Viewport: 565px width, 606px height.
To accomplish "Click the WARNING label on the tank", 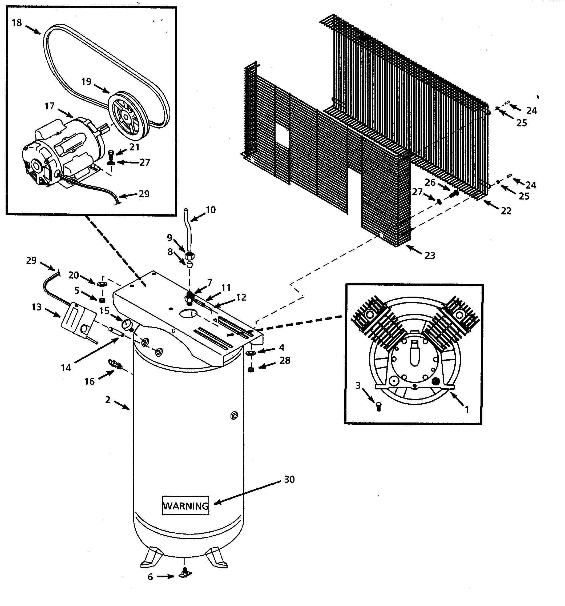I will pyautogui.click(x=185, y=506).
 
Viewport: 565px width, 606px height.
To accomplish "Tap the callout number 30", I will pyautogui.click(x=289, y=480).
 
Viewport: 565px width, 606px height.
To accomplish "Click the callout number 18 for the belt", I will pyautogui.click(x=17, y=23).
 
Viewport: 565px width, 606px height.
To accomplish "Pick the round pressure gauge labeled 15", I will pyautogui.click(x=126, y=324).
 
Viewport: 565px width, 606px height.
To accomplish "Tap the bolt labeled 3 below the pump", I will pyautogui.click(x=379, y=406).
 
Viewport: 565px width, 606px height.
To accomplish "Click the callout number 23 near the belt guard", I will pyautogui.click(x=430, y=256).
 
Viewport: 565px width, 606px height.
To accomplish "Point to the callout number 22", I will pyautogui.click(x=506, y=211).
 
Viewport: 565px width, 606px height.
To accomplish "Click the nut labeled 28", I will pyautogui.click(x=251, y=370).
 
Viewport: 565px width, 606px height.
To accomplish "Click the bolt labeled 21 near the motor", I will pyautogui.click(x=111, y=154).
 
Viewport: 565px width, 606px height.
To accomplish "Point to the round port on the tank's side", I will pyautogui.click(x=234, y=416).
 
